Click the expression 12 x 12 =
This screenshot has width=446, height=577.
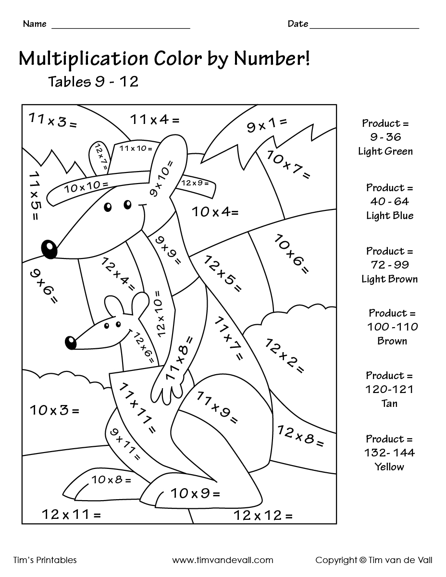[263, 516]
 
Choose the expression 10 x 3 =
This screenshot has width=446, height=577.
[54, 410]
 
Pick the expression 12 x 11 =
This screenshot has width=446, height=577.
[71, 515]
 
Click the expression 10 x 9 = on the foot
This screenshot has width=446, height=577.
[195, 493]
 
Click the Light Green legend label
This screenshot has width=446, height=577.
[385, 151]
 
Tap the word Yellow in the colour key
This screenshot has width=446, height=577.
[389, 467]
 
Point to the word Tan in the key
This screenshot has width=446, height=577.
[389, 403]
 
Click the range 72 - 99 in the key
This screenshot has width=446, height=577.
[389, 265]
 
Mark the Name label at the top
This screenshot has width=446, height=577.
[35, 24]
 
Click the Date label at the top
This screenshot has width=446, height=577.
[297, 24]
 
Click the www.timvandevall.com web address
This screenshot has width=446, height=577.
[223, 560]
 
